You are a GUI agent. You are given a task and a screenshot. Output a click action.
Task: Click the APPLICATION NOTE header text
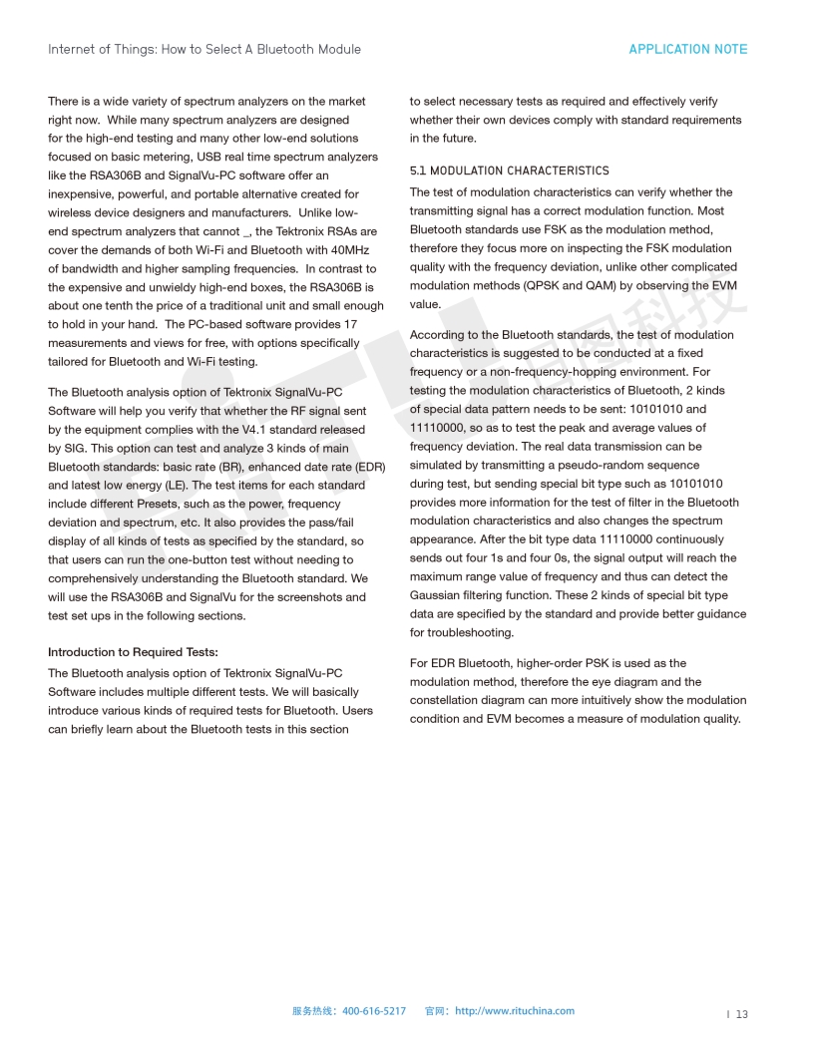687,49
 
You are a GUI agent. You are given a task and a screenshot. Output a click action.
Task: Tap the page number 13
742,1014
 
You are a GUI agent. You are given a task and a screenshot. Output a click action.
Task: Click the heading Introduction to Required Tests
125,652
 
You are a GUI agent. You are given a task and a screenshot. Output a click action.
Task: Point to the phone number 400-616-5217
374,1011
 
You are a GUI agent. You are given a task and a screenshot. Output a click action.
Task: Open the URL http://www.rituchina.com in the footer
515,1011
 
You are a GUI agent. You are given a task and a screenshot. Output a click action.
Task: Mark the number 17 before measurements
350,324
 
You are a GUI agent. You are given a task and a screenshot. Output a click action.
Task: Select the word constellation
444,700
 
